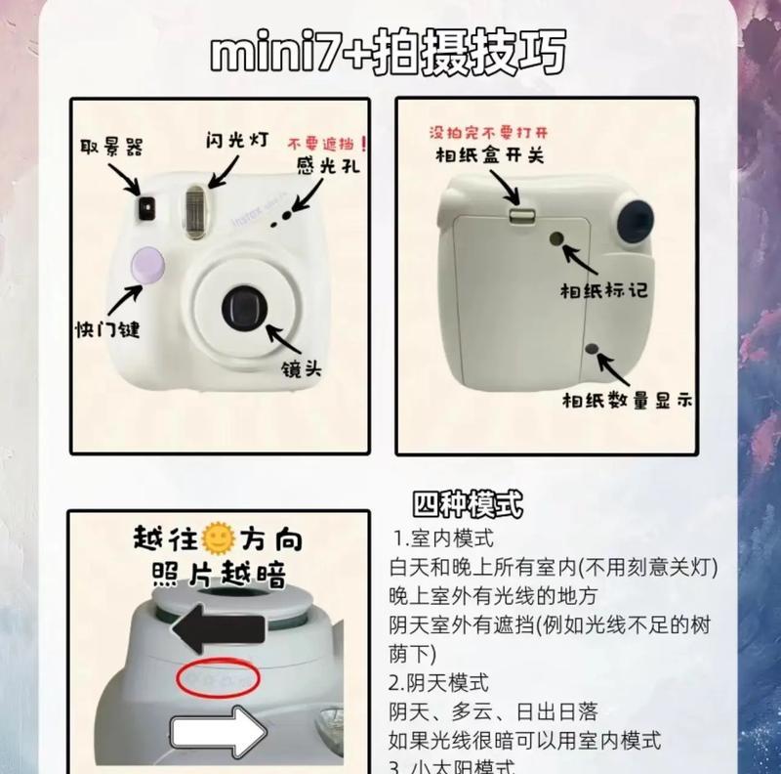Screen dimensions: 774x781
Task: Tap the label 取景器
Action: [x=110, y=147]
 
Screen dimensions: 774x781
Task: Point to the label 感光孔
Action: [x=328, y=167]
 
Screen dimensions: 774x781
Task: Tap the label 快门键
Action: [x=107, y=328]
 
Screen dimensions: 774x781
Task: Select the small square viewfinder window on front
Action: [x=148, y=205]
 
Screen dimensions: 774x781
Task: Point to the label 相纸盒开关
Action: [x=490, y=154]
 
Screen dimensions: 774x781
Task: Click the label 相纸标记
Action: [x=602, y=290]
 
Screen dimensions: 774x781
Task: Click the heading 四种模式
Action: [x=468, y=505]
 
